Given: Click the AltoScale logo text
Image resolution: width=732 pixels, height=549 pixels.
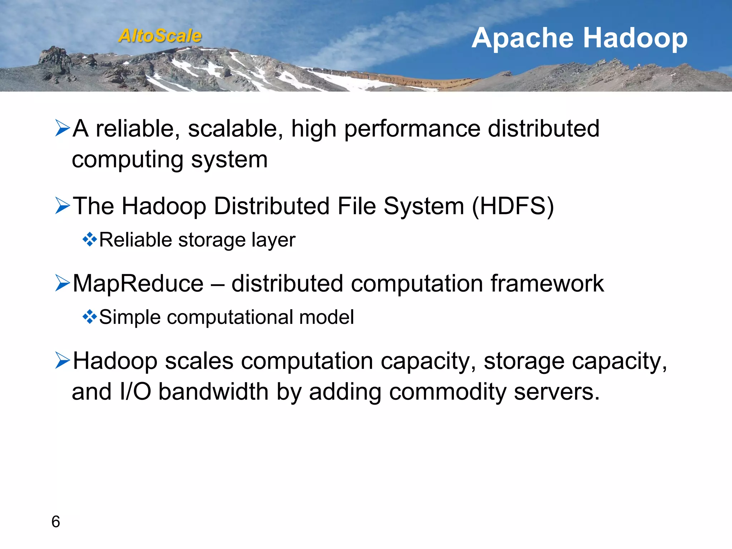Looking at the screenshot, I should coord(160,36).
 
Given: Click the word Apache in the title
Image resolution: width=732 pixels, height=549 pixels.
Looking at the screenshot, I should coord(524,39).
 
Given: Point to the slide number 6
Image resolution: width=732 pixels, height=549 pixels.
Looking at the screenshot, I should coord(56,522).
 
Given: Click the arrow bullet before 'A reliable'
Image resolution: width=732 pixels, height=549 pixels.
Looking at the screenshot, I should coord(63,128).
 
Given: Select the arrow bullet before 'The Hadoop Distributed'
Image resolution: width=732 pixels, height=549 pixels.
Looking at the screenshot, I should coord(63,206).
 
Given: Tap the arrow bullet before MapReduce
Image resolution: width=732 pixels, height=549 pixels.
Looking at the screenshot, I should coord(63,283).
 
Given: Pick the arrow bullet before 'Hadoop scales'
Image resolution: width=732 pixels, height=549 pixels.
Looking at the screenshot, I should coord(63,361).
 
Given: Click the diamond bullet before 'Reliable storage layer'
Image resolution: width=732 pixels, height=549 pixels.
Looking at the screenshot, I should coord(89,239).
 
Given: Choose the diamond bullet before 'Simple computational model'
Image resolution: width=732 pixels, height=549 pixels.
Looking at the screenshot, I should coord(89,317).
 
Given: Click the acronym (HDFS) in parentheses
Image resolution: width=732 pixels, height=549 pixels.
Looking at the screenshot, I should coord(513,206).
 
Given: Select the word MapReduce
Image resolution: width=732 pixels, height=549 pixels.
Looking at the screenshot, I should coord(138,283).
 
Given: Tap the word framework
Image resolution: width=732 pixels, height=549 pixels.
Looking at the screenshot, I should coord(547,283).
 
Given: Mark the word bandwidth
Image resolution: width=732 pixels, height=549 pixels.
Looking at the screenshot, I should coord(213,391).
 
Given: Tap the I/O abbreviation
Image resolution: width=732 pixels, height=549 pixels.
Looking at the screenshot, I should coord(135,391).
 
